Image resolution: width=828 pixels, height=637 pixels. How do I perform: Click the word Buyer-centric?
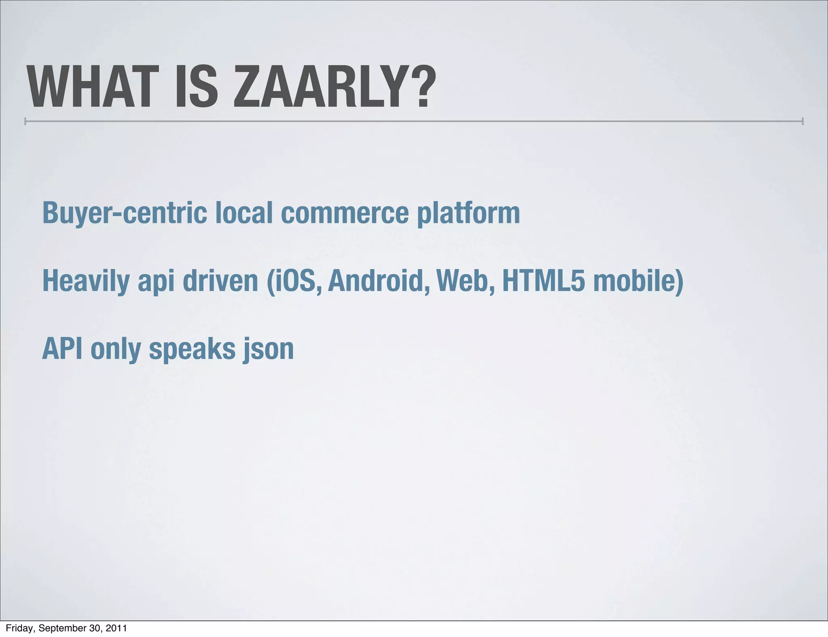[125, 213]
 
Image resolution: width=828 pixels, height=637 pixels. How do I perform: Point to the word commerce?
[344, 213]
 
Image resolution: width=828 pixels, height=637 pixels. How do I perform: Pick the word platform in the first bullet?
[468, 213]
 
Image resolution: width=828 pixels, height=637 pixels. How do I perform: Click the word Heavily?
[86, 281]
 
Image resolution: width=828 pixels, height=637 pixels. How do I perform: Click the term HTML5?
[543, 281]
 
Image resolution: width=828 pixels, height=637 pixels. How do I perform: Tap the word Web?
[465, 281]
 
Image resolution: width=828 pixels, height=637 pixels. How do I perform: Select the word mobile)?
[638, 281]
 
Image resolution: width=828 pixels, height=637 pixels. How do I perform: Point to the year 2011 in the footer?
[116, 628]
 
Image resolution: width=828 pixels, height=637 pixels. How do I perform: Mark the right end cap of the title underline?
[803, 121]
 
